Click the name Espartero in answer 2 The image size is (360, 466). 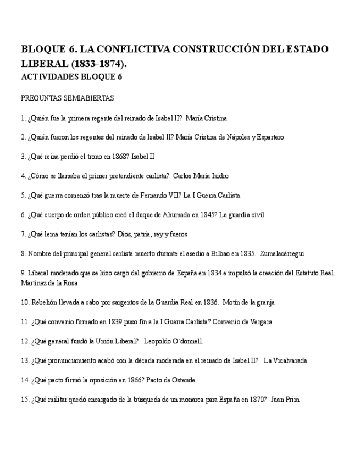(x=270, y=137)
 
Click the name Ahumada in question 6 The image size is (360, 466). (x=169, y=215)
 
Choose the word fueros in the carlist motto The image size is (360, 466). (x=177, y=234)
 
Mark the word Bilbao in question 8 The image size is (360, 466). (x=218, y=254)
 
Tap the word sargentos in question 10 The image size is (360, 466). (x=109, y=302)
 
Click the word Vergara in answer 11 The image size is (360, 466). (x=259, y=322)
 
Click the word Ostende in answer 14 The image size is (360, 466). (x=182, y=380)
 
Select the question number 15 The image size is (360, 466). (x=25, y=400)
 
